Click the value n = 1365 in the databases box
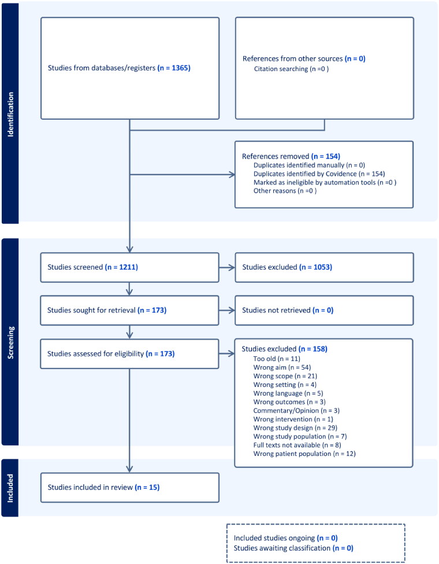(x=174, y=68)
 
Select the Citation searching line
(x=291, y=69)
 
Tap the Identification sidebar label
(x=10, y=115)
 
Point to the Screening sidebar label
(x=11, y=342)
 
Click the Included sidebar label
(x=10, y=488)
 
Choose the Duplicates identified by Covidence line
(x=319, y=174)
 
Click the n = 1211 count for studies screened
(x=121, y=267)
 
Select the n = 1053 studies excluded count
(x=315, y=267)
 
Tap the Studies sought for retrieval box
(x=129, y=311)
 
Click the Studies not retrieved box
(x=324, y=311)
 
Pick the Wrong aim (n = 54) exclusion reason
(x=282, y=367)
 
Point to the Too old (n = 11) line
(x=277, y=359)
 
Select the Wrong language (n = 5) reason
(x=288, y=393)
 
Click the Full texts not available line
(x=297, y=445)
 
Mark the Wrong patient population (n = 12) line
(x=304, y=454)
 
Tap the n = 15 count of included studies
(x=147, y=487)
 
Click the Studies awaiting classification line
(x=293, y=548)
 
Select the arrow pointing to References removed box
(x=182, y=175)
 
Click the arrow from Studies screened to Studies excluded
(x=226, y=268)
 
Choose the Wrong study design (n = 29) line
(x=295, y=427)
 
